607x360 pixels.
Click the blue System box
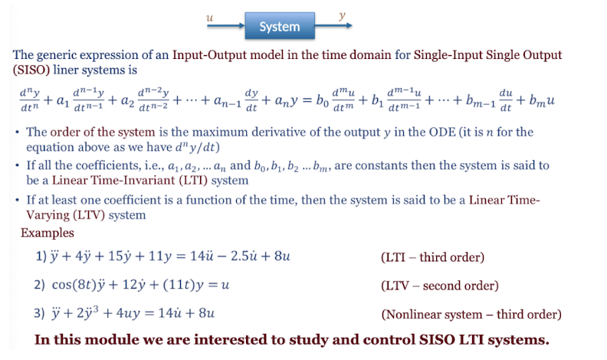tap(279, 27)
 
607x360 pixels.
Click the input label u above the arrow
tap(211, 15)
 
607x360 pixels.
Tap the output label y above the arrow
tap(341, 15)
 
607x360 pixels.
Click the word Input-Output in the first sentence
tap(210, 56)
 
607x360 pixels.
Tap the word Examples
tap(48, 232)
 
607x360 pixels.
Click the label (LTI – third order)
tap(431, 257)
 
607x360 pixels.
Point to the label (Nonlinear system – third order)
tap(471, 314)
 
